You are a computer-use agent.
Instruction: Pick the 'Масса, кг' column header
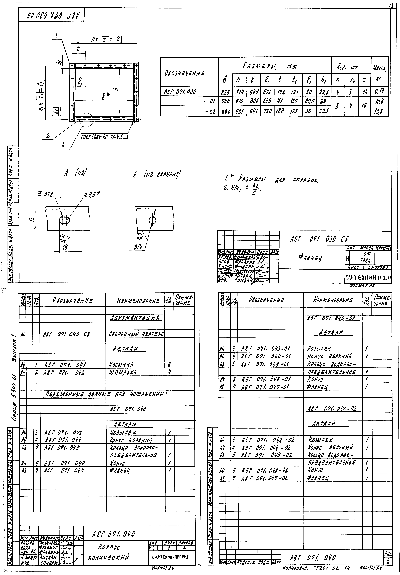pyautogui.click(x=379, y=71)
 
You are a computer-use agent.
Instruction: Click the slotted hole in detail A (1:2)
pyautogui.click(x=65, y=220)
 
